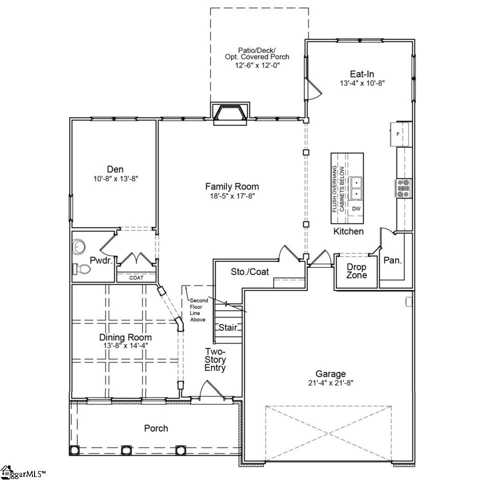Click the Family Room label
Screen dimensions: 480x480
[232, 186]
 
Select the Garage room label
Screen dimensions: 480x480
[330, 373]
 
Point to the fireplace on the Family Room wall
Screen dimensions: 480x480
[229, 113]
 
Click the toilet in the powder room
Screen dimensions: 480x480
[82, 269]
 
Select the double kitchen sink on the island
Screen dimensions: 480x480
[356, 187]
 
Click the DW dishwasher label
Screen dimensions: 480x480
[356, 208]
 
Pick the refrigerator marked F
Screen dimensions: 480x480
[400, 134]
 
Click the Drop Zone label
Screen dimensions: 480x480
[356, 271]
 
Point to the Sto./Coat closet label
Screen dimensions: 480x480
[249, 272]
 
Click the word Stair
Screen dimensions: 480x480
[227, 328]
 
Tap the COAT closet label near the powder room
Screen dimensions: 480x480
[136, 277]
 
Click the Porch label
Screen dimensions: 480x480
[156, 428]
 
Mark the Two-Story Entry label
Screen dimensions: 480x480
[215, 360]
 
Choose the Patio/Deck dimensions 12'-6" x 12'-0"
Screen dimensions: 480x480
[257, 65]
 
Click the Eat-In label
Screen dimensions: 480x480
[362, 74]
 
